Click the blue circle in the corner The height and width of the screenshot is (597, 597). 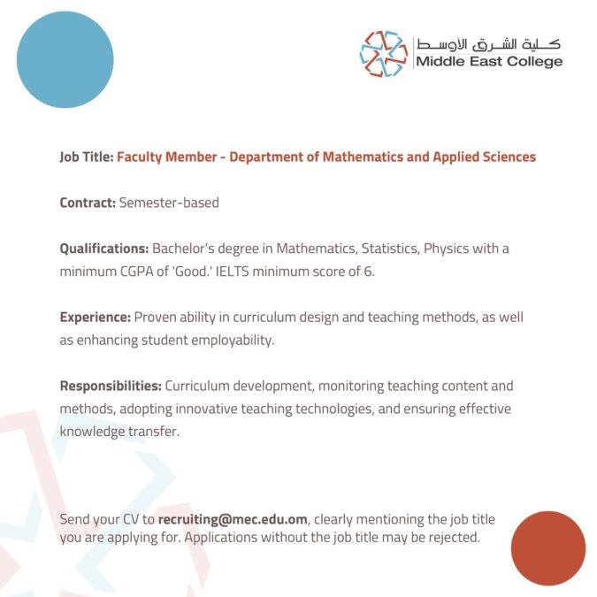65,60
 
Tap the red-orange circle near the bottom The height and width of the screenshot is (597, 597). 547,547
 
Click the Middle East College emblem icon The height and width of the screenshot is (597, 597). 383,53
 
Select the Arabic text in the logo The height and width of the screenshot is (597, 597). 488,43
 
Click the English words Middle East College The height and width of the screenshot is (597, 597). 488,62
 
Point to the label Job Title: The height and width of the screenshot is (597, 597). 87,157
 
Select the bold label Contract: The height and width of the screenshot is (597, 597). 88,203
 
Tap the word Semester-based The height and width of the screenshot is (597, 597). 169,203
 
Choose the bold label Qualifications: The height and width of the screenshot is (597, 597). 104,249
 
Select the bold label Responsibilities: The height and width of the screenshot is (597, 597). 111,386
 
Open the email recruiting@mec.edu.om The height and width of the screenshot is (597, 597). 233,519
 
